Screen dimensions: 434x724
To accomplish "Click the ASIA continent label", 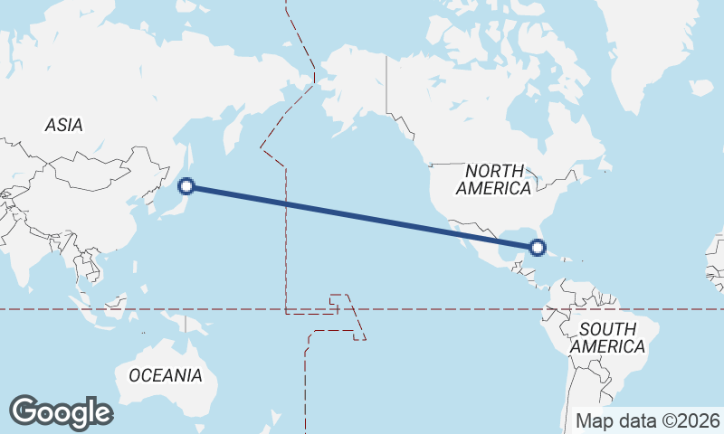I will coord(63,126).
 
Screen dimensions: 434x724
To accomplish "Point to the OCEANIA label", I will coord(166,375).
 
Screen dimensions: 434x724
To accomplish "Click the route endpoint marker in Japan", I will coord(187,186).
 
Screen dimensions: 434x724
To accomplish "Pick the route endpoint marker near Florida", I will coord(538,247).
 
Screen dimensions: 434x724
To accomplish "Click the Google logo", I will coord(61,412).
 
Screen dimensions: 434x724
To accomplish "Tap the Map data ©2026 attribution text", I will coord(648,420).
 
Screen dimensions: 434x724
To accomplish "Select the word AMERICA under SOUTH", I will coord(607,346).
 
